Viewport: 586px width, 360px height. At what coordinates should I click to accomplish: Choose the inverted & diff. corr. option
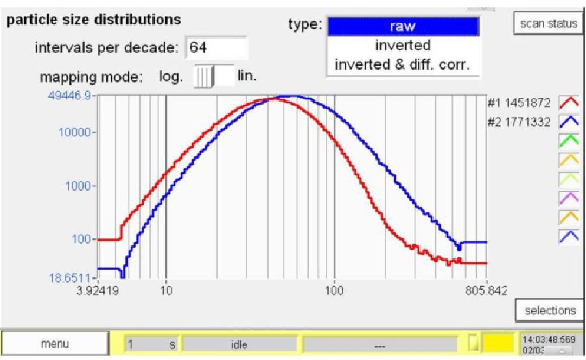(402, 63)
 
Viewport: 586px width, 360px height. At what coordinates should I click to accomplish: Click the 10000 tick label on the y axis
(78, 132)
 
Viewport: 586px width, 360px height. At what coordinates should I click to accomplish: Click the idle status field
(240, 343)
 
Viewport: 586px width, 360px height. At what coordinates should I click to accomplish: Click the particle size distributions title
(93, 20)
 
